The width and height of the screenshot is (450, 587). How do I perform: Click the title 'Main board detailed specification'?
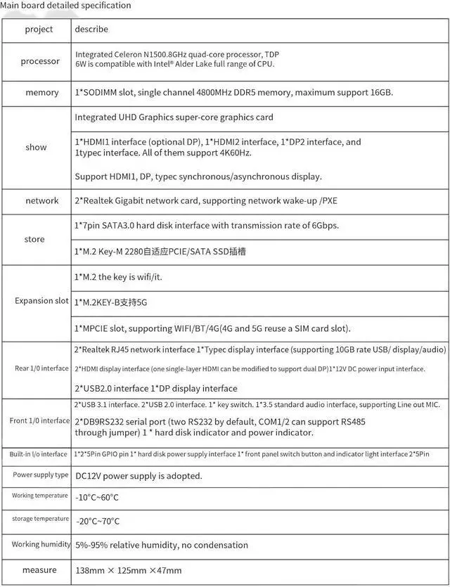tap(65, 6)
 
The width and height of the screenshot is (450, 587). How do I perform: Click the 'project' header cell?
tap(39, 30)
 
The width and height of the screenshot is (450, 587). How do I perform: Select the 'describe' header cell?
tap(91, 30)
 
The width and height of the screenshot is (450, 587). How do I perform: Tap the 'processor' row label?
tap(40, 61)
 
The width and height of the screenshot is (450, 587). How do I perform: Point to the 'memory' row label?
tap(42, 93)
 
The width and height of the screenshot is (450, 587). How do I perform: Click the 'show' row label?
tap(37, 148)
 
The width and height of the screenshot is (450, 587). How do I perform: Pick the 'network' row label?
tap(42, 201)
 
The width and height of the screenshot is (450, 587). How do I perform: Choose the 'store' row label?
tap(34, 240)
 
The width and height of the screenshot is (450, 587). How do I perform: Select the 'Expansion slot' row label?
tap(42, 301)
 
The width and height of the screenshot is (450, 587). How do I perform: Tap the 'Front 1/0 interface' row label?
tap(40, 421)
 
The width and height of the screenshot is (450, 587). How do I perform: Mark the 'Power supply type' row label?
tap(41, 475)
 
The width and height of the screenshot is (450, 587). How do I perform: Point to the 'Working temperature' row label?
tap(40, 496)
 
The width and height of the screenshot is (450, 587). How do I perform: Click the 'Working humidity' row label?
tap(41, 544)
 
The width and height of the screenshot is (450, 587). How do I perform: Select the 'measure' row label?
tap(39, 570)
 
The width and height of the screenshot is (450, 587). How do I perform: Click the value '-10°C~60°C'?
tap(97, 498)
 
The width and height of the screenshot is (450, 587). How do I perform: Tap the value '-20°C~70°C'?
tap(97, 521)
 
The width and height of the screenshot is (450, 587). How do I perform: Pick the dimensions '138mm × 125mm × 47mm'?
tap(128, 570)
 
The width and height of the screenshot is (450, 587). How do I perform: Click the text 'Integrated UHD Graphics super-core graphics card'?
tap(174, 117)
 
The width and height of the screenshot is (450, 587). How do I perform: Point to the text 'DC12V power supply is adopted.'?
tap(139, 476)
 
